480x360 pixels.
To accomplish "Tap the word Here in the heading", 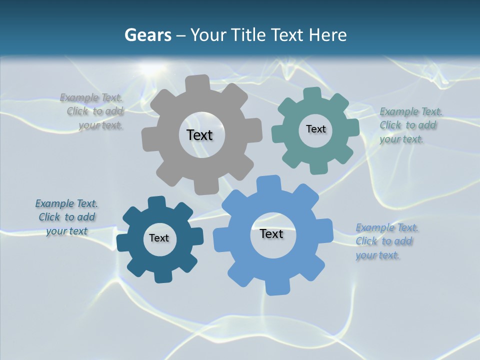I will coord(327,35).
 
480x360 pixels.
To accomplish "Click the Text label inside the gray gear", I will coord(199,135).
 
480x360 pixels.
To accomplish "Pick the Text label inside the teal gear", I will coord(315,129).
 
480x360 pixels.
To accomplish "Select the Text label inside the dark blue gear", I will coord(159,238).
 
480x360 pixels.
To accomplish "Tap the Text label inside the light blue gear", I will coord(271,233).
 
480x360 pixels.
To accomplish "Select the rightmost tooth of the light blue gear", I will coord(325,230).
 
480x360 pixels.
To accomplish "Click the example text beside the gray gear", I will coord(92,111).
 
